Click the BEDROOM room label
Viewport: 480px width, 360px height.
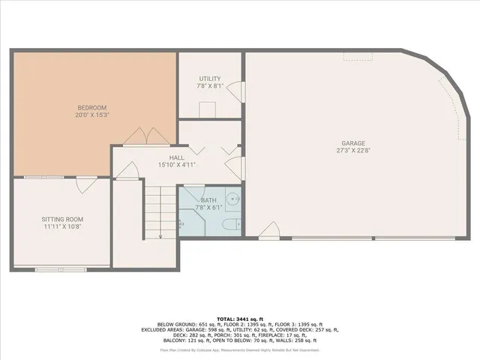point(92,107)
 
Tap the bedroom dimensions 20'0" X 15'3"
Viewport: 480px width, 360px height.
point(92,115)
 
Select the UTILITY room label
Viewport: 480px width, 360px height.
point(209,79)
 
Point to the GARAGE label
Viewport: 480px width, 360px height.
point(353,142)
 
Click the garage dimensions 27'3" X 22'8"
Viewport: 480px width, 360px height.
point(353,150)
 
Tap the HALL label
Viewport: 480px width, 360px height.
point(177,157)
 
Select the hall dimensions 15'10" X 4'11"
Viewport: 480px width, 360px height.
point(177,165)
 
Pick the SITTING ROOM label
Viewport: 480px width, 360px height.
point(61,218)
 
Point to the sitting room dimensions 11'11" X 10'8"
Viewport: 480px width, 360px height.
point(61,226)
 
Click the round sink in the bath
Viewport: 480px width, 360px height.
point(233,199)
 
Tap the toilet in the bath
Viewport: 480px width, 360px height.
point(234,223)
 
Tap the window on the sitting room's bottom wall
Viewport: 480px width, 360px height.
point(61,268)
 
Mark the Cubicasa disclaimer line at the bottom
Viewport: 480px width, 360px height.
point(239,349)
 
